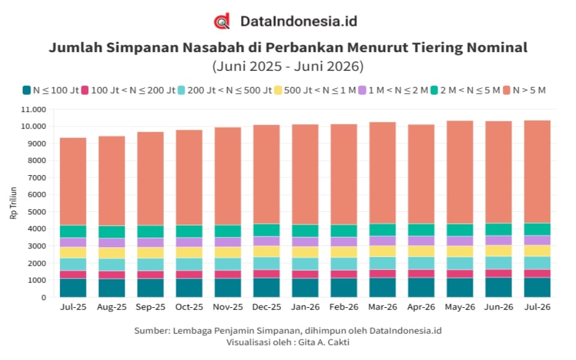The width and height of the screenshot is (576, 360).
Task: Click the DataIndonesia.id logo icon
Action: pos(222,22)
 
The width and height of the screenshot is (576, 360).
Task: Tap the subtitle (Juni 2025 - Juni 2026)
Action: pos(288,66)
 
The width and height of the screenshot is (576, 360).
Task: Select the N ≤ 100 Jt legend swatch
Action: pos(26,90)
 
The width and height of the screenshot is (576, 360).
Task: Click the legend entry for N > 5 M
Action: pos(524,90)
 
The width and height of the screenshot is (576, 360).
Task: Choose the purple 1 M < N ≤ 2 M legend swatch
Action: pos(362,90)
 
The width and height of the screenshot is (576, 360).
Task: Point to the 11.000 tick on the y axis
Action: pos(34,109)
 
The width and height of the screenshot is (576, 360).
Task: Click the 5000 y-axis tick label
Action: pos(37,212)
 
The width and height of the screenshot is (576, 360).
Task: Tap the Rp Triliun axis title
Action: pos(14,203)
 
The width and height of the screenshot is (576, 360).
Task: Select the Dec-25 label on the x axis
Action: pos(266,307)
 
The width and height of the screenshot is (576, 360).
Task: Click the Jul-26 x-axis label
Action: pos(538,307)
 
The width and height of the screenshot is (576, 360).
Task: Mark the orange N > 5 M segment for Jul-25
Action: pos(73,181)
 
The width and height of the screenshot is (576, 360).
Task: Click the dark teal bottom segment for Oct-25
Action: pos(189,287)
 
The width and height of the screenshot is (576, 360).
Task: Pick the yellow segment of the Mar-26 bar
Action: pos(383,251)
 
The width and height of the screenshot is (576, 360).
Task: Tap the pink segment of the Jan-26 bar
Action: pos(305,274)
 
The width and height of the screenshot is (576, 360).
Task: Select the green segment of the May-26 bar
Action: pos(460,230)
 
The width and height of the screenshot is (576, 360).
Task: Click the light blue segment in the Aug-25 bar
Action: pos(112,265)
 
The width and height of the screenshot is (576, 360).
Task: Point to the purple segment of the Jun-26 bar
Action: pos(499,240)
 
